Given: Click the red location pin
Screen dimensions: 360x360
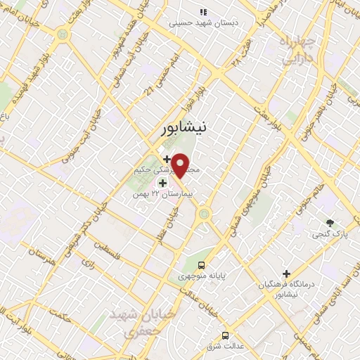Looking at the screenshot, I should click(x=181, y=165).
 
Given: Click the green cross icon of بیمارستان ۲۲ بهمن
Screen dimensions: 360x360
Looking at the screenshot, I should click(x=163, y=182).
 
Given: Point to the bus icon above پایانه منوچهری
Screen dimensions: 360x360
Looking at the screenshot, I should click(x=202, y=266).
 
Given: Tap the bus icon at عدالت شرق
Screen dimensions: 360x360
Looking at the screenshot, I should click(x=225, y=316).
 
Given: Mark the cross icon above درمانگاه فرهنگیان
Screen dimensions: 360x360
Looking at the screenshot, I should click(x=285, y=273).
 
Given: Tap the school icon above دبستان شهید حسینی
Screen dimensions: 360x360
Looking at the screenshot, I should click(x=203, y=12).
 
